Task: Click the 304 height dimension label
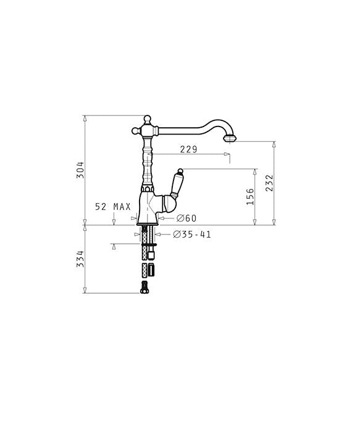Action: click(x=80, y=170)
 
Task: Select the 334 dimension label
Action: click(x=80, y=259)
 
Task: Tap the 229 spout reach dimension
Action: click(x=189, y=149)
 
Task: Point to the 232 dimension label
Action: click(x=269, y=183)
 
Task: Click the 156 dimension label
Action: click(x=250, y=197)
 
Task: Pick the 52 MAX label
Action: click(x=113, y=207)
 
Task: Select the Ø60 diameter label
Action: click(x=186, y=218)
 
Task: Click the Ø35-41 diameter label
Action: click(x=192, y=235)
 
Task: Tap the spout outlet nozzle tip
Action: click(x=230, y=138)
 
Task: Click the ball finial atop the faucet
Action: click(x=148, y=118)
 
